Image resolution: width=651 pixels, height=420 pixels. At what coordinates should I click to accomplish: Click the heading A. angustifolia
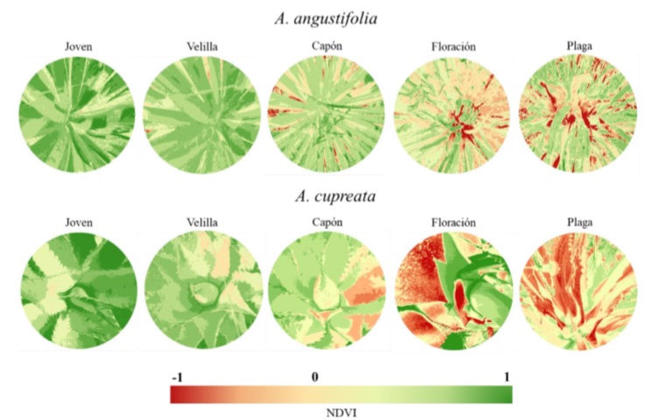(325, 16)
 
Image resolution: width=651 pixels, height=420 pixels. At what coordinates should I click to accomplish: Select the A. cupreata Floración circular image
(452, 292)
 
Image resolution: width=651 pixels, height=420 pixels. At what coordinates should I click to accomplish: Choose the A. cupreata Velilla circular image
(201, 292)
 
